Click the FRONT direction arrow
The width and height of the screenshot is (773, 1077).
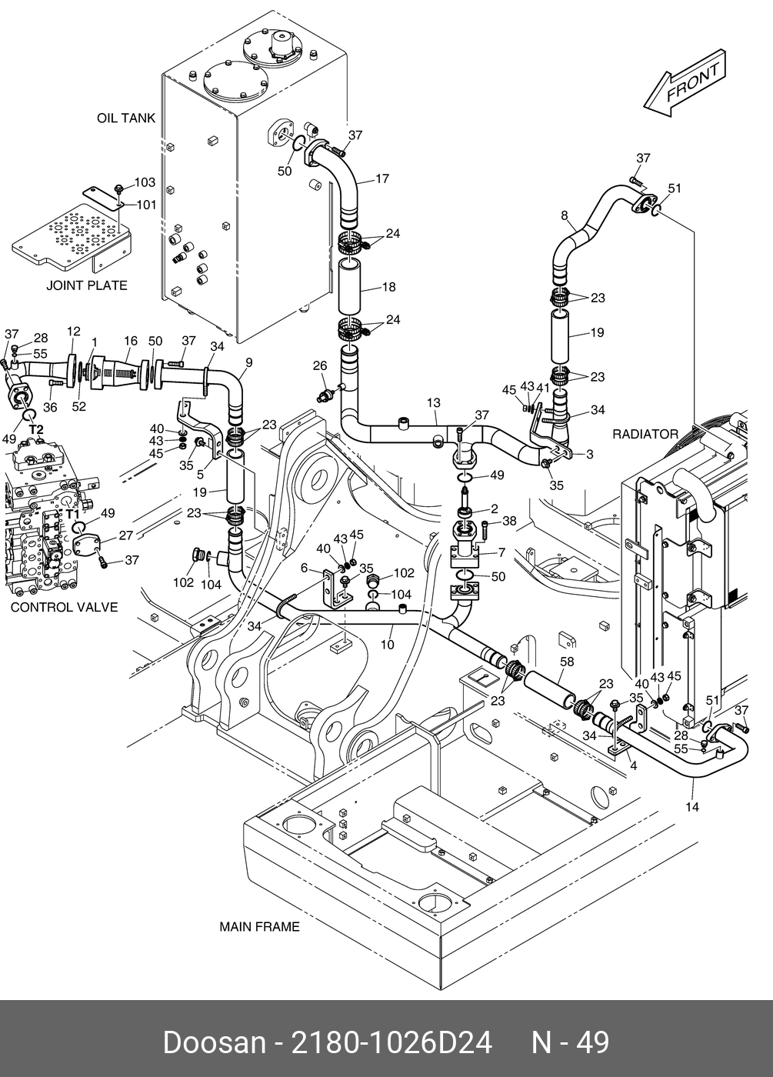[x=684, y=85]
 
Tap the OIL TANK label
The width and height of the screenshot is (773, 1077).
[x=125, y=118]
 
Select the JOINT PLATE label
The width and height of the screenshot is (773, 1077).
[x=87, y=285]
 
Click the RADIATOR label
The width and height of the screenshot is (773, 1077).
[x=645, y=435]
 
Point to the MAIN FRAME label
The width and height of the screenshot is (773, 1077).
[x=259, y=927]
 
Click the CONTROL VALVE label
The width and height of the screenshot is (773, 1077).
[x=64, y=607]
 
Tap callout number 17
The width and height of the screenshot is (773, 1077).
[x=382, y=179]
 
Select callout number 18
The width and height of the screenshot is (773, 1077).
[x=388, y=287]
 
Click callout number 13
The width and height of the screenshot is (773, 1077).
[x=433, y=403]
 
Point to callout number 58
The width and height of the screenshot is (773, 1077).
[x=567, y=662]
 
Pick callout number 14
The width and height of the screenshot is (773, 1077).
[x=692, y=807]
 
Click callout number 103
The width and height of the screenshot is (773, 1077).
[x=145, y=183]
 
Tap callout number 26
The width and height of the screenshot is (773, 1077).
[x=319, y=366]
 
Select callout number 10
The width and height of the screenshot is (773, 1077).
[x=387, y=644]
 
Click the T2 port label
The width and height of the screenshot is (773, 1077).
[x=36, y=429]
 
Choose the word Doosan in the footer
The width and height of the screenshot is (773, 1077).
[x=211, y=1042]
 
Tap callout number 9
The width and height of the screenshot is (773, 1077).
[x=248, y=362]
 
